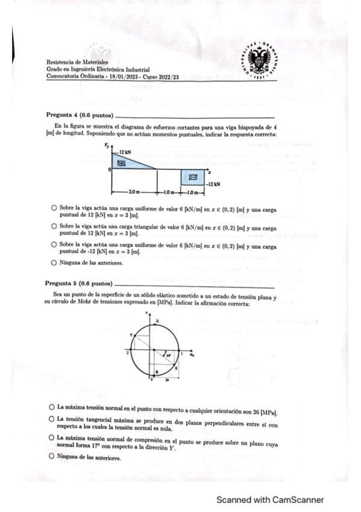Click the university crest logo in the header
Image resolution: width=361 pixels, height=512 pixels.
coord(260,61)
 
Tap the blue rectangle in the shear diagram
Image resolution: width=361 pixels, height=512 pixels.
coord(193,177)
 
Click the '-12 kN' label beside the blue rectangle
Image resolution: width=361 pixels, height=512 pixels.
coord(213,183)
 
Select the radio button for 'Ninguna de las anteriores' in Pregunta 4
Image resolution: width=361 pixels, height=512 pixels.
coord(54,263)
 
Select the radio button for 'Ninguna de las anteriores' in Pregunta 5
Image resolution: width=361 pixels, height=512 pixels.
coord(54,457)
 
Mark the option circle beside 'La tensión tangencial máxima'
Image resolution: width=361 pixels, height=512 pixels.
coord(54,421)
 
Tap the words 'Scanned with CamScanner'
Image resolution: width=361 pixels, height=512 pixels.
coord(271,500)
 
